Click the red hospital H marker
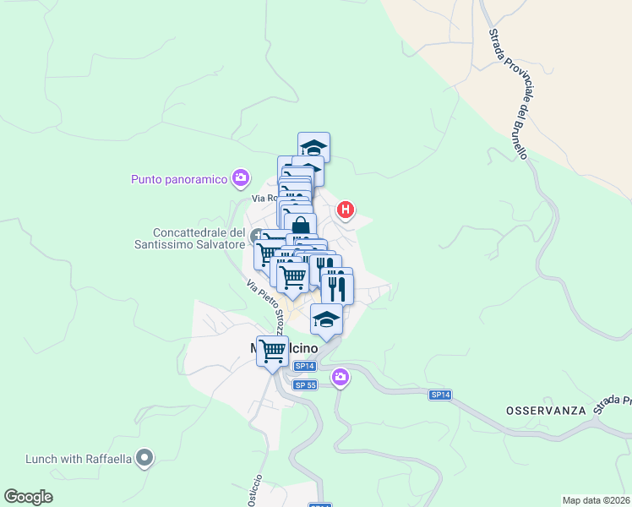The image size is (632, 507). pyautogui.click(x=345, y=210)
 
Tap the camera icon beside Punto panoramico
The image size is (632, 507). pyautogui.click(x=241, y=177)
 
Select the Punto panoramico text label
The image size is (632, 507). pyautogui.click(x=180, y=178)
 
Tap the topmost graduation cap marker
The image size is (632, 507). pyautogui.click(x=313, y=146)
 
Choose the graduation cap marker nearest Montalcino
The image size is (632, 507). pyautogui.click(x=326, y=319)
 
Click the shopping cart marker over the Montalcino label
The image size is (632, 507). pyautogui.click(x=272, y=349)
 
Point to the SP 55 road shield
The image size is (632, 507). pyautogui.click(x=305, y=385)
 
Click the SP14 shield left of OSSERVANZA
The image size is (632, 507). pyautogui.click(x=440, y=395)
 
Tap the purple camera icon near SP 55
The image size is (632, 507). pyautogui.click(x=340, y=377)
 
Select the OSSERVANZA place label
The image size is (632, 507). pyautogui.click(x=546, y=410)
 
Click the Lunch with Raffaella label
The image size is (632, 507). pyautogui.click(x=79, y=459)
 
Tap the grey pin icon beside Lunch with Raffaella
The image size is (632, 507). pyautogui.click(x=145, y=459)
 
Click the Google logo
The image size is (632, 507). pyautogui.click(x=28, y=497)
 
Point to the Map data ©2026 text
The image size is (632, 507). pyautogui.click(x=597, y=500)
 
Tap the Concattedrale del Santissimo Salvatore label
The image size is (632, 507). pyautogui.click(x=199, y=238)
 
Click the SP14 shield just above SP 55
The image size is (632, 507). pyautogui.click(x=305, y=366)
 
